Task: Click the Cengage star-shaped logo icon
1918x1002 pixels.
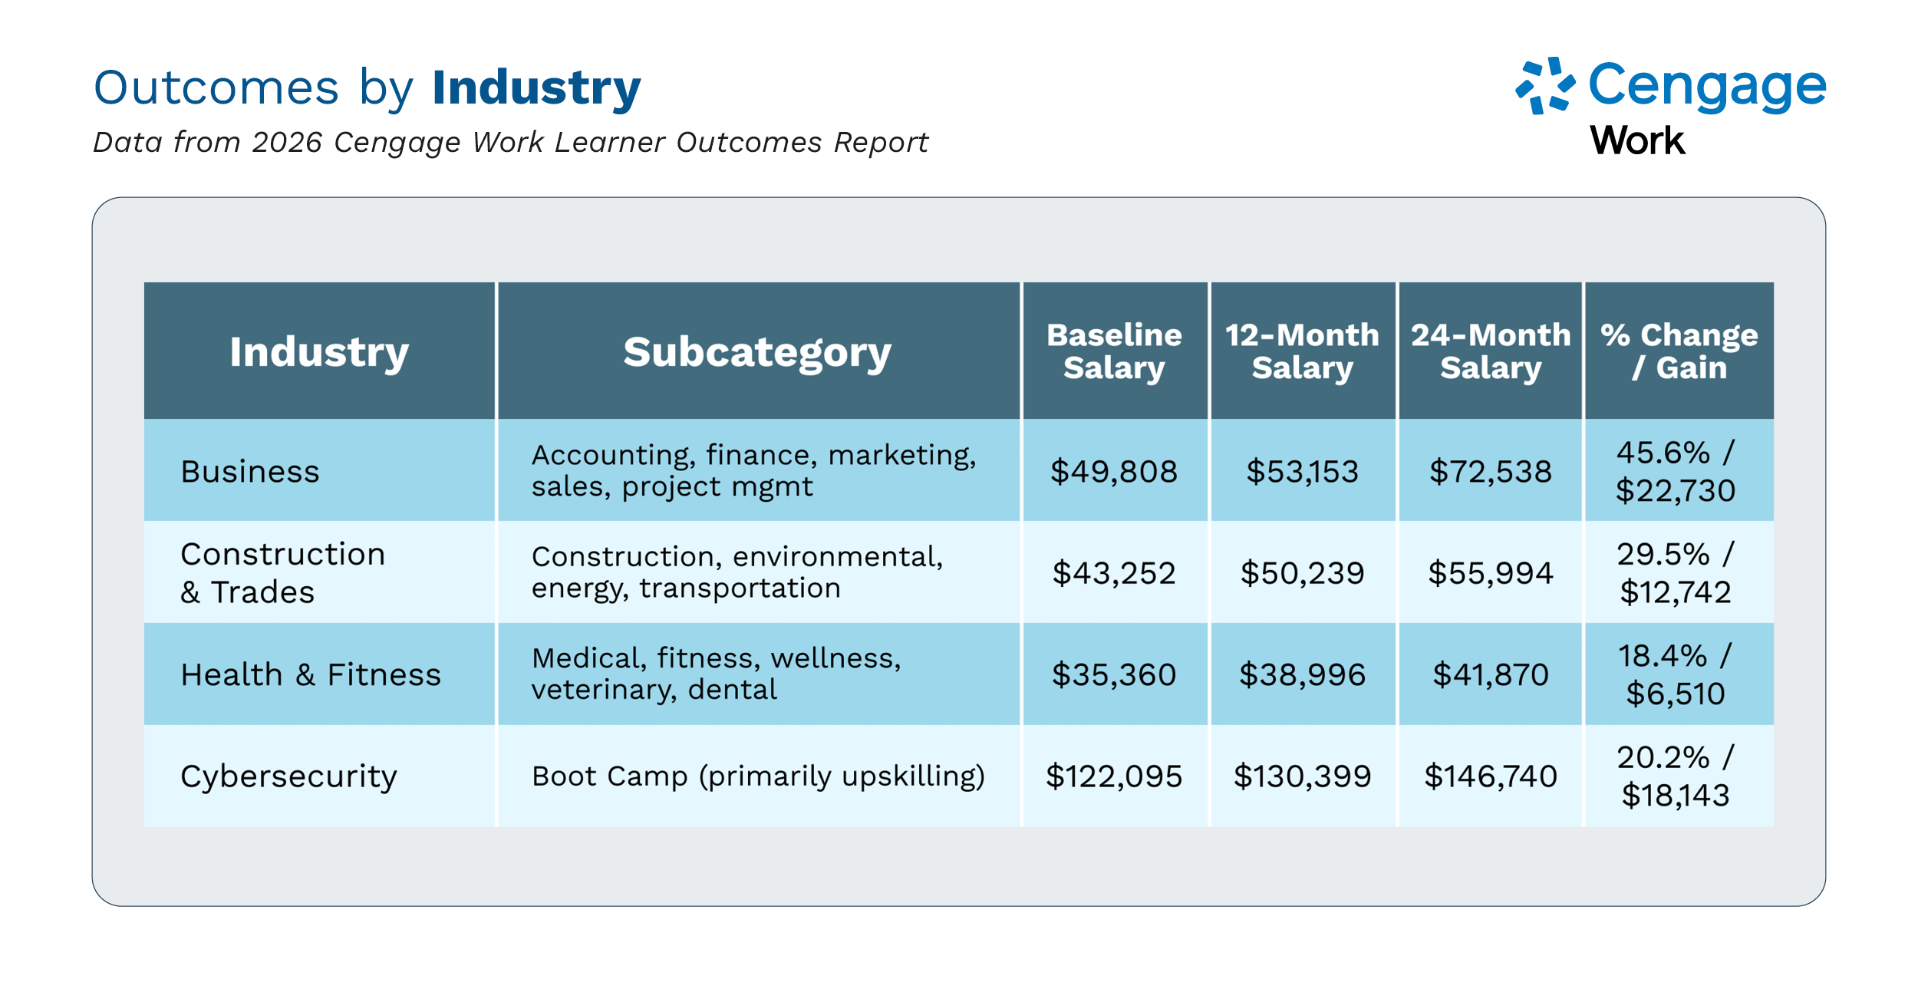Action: (x=1544, y=86)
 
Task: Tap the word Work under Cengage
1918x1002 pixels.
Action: (x=1637, y=141)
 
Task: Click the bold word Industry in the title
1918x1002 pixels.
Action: (x=536, y=87)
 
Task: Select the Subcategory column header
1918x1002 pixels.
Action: (x=757, y=352)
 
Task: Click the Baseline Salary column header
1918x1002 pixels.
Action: (x=1114, y=351)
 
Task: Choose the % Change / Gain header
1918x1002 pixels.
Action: (x=1679, y=351)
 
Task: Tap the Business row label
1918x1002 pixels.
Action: (x=250, y=471)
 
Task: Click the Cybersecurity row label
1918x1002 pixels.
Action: (x=288, y=776)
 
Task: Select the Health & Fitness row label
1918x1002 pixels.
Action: (x=311, y=674)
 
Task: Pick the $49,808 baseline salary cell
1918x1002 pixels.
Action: (x=1114, y=471)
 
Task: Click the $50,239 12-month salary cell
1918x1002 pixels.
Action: (x=1302, y=573)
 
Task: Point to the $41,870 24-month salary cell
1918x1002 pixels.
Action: (x=1490, y=674)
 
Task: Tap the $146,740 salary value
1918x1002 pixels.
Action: (x=1490, y=776)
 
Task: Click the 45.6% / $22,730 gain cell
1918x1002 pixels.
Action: (x=1676, y=471)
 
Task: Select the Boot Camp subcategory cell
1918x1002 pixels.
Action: (x=758, y=776)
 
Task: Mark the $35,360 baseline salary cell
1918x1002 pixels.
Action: (x=1114, y=674)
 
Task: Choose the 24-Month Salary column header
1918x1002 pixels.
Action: (x=1490, y=351)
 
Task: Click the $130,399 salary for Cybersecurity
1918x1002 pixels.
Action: (x=1302, y=776)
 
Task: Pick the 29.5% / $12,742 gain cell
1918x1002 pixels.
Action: (x=1676, y=573)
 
